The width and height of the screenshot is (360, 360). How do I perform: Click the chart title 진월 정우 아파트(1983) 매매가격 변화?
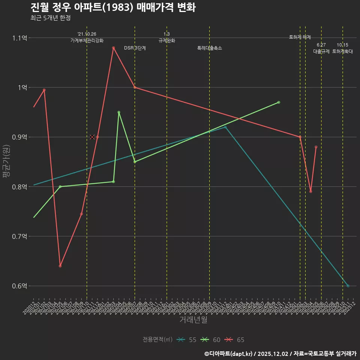pyautogui.click(x=112, y=7)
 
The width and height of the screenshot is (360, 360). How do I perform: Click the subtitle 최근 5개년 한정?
pyautogui.click(x=50, y=18)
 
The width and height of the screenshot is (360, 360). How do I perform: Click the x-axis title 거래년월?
pyautogui.click(x=193, y=320)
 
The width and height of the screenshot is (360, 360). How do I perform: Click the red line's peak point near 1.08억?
pyautogui.click(x=113, y=48)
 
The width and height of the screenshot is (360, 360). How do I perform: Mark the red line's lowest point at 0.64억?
pyautogui.click(x=60, y=266)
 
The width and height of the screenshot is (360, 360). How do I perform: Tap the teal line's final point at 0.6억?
pyautogui.click(x=348, y=286)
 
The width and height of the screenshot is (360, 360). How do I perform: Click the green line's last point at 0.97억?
pyautogui.click(x=279, y=102)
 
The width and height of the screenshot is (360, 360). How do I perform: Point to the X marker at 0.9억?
pyautogui.click(x=92, y=137)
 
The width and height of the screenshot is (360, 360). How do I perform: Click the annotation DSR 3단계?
pyautogui.click(x=135, y=48)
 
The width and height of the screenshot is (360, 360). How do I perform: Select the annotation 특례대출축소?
pyautogui.click(x=210, y=48)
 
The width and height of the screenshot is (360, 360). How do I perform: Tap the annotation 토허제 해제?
pyautogui.click(x=300, y=37)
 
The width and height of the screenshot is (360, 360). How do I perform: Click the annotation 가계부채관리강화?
pyautogui.click(x=87, y=40)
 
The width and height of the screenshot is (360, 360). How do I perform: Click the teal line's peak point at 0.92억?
pyautogui.click(x=225, y=127)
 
